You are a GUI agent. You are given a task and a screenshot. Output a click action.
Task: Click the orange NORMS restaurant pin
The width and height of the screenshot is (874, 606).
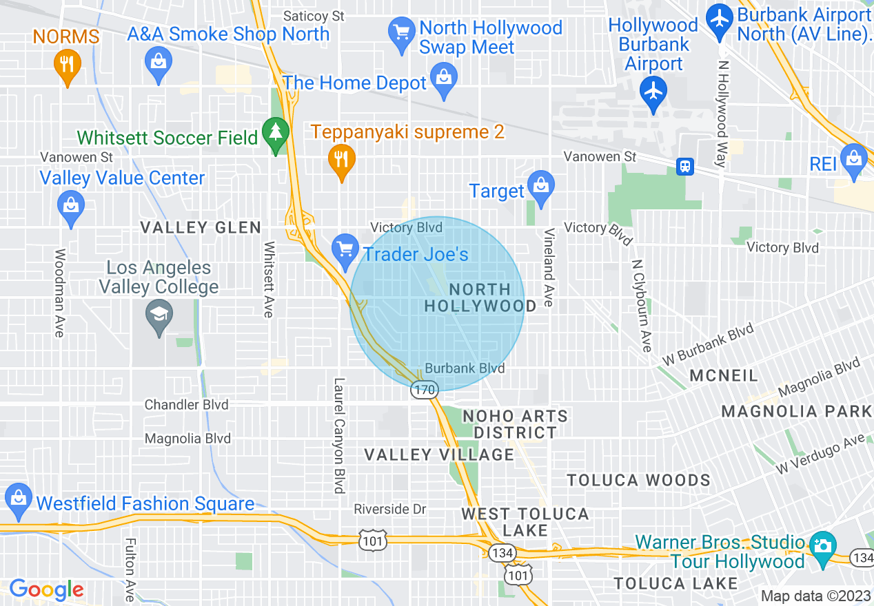[x=67, y=65]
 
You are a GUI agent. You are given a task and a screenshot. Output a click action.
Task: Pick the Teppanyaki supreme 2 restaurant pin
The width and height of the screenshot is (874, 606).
[x=341, y=160]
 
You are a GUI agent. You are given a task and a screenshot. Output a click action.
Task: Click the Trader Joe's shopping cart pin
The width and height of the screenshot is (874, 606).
[x=345, y=249]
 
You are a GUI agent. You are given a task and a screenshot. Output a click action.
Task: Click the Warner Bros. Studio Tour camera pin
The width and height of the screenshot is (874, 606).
[x=822, y=546]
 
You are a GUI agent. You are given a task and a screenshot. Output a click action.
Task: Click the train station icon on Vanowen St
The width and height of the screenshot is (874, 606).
[x=684, y=166]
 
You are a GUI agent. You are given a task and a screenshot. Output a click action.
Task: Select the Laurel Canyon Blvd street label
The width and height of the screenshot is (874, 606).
[x=339, y=435]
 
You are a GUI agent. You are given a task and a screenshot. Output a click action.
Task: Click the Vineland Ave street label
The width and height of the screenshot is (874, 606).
[x=549, y=267]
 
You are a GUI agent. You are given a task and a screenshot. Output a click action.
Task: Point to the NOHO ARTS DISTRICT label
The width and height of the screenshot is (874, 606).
[x=515, y=424]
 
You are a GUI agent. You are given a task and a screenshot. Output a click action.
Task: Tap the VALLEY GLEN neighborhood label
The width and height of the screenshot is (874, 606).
[x=200, y=228]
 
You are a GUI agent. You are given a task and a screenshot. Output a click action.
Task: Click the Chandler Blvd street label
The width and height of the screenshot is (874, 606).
[x=186, y=405]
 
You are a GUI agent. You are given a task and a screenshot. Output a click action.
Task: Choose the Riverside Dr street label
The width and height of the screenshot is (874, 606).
[x=390, y=510]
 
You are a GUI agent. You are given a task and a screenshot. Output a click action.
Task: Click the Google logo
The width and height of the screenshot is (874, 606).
[x=46, y=590]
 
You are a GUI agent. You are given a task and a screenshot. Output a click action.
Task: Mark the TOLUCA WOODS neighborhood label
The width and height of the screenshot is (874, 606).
[x=638, y=480]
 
